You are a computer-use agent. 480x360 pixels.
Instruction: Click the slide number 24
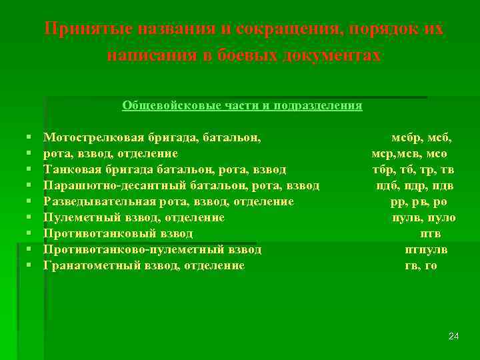click(x=454, y=336)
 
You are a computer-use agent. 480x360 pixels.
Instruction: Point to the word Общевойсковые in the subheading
click(x=158, y=106)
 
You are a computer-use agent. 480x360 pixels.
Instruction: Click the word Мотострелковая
click(x=93, y=138)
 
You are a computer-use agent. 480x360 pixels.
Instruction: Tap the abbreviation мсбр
click(x=407, y=138)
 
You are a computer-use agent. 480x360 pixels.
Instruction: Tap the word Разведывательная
click(x=97, y=202)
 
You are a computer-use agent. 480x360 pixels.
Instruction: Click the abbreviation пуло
click(x=443, y=218)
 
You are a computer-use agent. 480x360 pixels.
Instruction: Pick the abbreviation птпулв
click(x=426, y=250)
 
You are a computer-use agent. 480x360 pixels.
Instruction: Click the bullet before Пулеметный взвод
click(x=32, y=218)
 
